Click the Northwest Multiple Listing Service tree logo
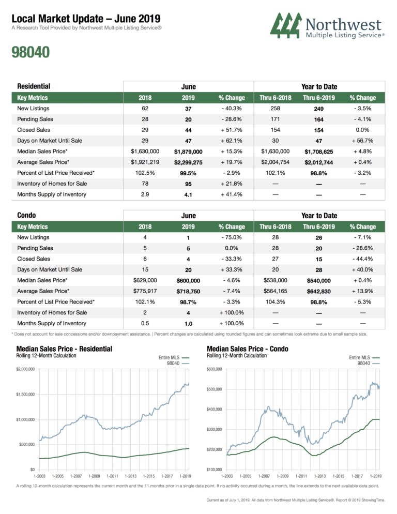click(287, 26)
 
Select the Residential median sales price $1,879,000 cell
click(188, 152)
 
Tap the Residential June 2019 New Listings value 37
click(188, 109)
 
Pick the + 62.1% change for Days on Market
click(232, 141)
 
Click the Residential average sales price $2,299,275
click(188, 162)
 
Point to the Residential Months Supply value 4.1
click(188, 194)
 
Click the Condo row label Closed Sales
click(33, 259)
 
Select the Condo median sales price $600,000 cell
click(188, 280)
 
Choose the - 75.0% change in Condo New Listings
click(232, 237)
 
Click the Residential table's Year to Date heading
click(319, 87)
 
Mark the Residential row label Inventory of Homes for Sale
click(52, 184)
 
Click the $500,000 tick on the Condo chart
click(213, 389)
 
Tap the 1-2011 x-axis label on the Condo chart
click(301, 475)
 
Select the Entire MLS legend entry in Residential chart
click(171, 357)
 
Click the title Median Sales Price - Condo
click(247, 349)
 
